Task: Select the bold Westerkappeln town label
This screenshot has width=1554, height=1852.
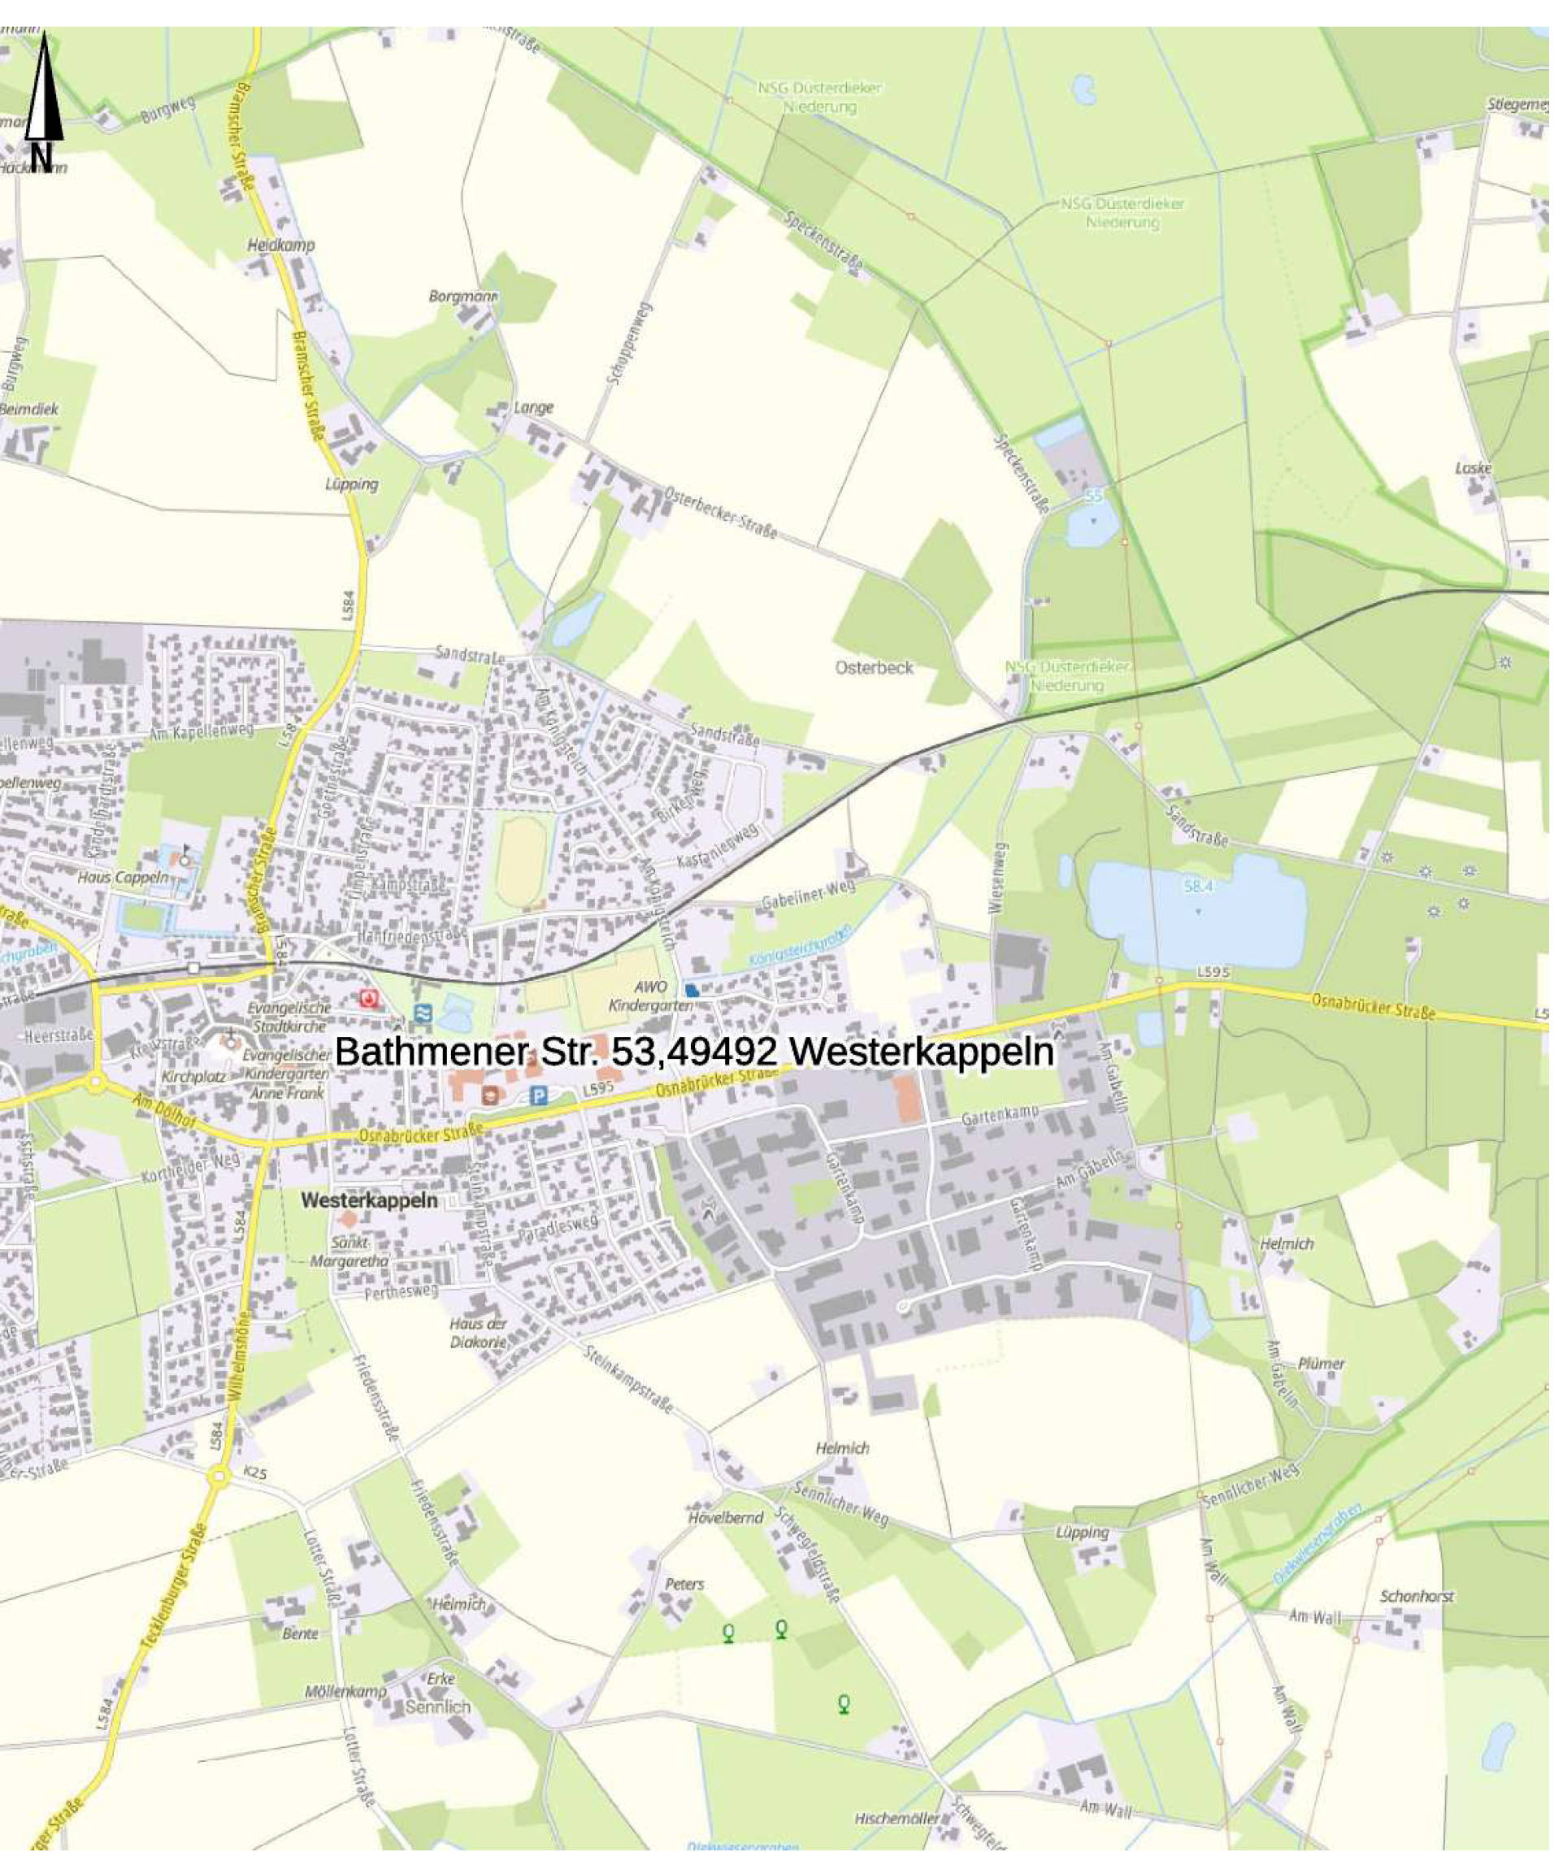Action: [x=369, y=1201]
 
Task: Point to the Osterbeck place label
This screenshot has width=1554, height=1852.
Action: [x=874, y=668]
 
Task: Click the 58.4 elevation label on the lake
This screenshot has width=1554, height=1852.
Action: [x=1198, y=886]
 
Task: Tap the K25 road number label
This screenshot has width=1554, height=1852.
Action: [x=255, y=1473]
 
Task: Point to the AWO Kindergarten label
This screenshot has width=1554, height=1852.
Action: [x=650, y=995]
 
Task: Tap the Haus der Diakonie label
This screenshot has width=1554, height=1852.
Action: [x=478, y=1333]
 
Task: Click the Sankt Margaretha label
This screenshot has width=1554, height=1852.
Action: [x=349, y=1251]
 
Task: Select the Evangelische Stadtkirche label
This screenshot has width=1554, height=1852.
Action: [x=289, y=1017]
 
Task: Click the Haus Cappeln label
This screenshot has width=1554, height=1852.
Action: [x=123, y=877]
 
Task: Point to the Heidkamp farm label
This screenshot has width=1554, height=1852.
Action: [x=280, y=245]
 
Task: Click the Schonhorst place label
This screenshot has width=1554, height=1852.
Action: [x=1417, y=1596]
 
